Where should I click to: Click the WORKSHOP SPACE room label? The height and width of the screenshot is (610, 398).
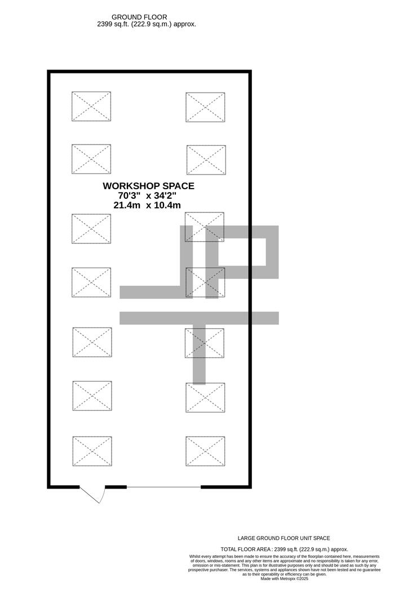[x=148, y=186]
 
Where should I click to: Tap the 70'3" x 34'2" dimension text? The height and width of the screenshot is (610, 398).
[x=148, y=195]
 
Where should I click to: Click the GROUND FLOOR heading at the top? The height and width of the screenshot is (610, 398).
[x=139, y=18]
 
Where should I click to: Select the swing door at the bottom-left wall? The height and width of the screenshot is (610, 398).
[x=92, y=495]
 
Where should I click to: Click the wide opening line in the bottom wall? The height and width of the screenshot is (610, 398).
[x=163, y=487]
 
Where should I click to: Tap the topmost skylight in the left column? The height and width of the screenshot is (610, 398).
[x=91, y=106]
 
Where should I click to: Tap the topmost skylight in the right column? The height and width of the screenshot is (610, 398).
[x=206, y=107]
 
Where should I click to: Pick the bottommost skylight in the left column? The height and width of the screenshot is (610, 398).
[x=92, y=451]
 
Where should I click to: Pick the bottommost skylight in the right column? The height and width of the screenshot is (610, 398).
[x=205, y=451]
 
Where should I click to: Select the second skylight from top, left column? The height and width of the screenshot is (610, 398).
[x=91, y=159]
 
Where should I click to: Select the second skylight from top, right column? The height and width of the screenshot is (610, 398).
[x=206, y=160]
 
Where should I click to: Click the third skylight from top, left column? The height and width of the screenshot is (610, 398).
[x=91, y=228]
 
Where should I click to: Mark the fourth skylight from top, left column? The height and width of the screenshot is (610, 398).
[x=91, y=282]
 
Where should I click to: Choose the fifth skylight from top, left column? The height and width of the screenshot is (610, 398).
[x=92, y=342]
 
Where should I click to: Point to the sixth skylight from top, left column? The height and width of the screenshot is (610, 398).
[x=92, y=395]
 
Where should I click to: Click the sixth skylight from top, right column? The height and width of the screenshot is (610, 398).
[x=206, y=397]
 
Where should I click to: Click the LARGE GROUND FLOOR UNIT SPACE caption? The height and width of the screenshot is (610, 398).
[x=284, y=538]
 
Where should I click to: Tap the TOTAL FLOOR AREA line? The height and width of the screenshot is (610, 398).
[x=284, y=549]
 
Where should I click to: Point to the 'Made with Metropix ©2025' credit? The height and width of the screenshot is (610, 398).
[x=284, y=578]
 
